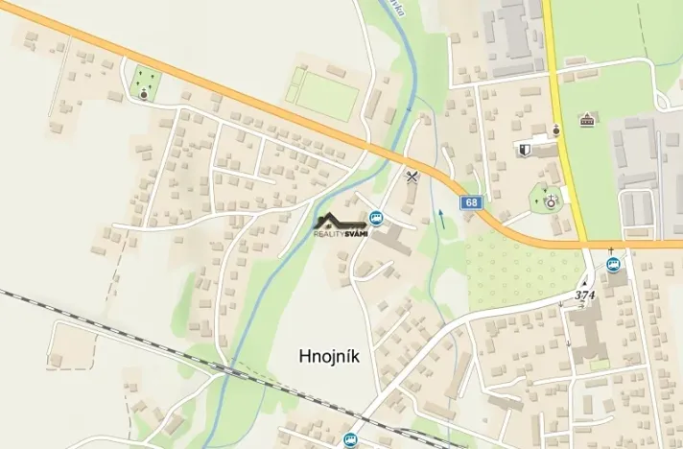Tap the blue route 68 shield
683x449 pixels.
click(x=470, y=202)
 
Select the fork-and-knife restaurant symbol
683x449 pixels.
click(x=413, y=176)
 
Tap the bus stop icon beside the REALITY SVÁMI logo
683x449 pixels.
click(x=377, y=219)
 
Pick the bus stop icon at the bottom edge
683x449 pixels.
click(x=349, y=439)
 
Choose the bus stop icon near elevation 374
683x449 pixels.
click(x=613, y=265)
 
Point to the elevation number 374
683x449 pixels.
click(x=585, y=295)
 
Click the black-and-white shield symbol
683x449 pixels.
click(x=524, y=150)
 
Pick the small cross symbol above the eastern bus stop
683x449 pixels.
click(x=612, y=251)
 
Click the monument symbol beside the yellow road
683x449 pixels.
click(x=556, y=130)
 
